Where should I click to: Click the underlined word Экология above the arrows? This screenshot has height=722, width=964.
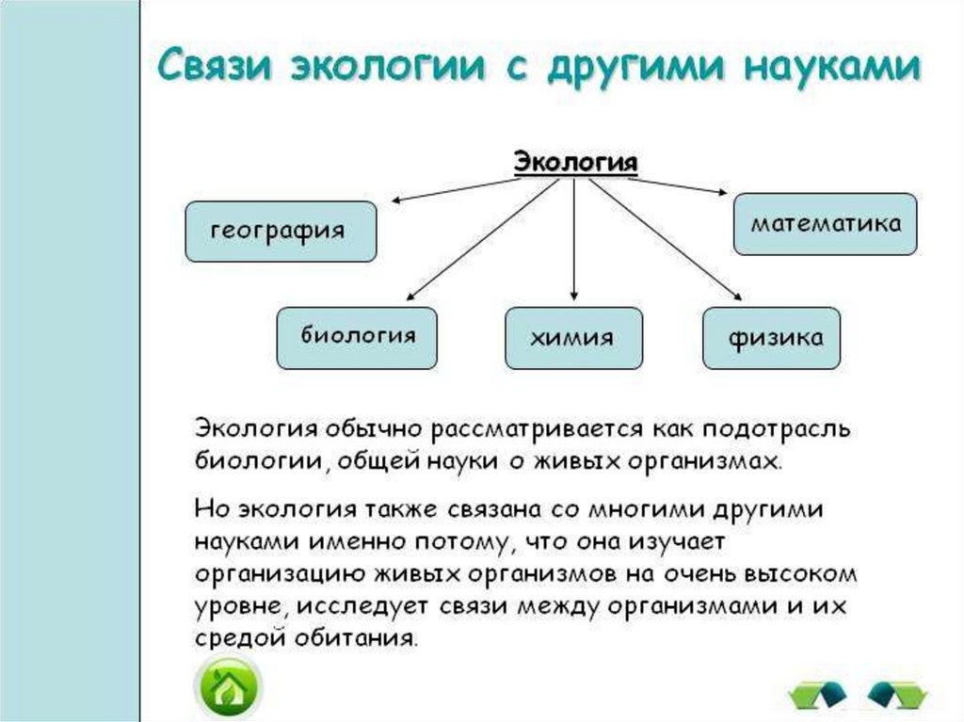[575, 162]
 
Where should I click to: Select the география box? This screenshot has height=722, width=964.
[281, 231]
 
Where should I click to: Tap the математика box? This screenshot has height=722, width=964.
[825, 224]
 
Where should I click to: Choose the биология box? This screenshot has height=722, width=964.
[356, 337]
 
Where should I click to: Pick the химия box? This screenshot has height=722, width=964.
[573, 337]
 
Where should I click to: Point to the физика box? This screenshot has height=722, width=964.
[772, 337]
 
